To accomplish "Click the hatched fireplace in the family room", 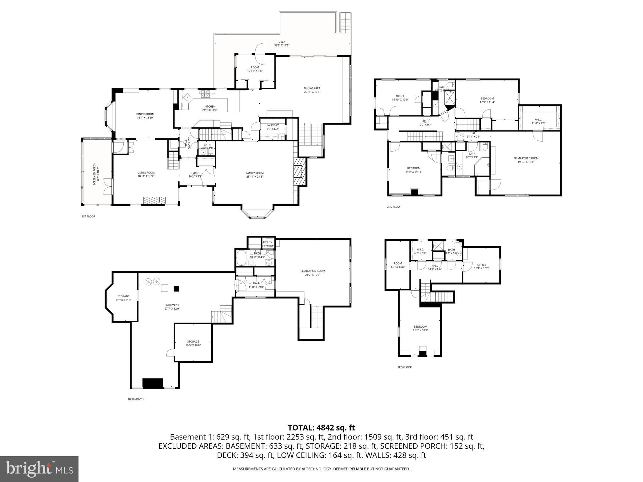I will click(300, 172).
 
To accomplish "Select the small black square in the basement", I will click(176, 289).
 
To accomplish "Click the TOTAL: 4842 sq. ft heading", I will click(321, 427).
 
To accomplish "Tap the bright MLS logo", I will click(39, 469).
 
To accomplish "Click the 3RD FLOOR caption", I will click(404, 367).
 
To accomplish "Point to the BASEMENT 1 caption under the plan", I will click(136, 399).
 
